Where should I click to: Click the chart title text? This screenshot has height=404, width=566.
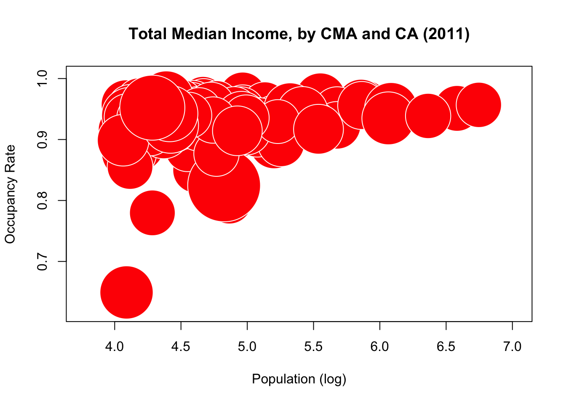coord(299,34)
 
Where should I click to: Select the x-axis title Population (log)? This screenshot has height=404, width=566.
coord(299,379)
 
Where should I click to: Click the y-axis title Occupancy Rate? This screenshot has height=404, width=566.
coord(10,194)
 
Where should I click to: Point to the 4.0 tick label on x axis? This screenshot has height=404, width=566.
coord(115,347)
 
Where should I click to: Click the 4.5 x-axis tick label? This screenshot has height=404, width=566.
coord(181,347)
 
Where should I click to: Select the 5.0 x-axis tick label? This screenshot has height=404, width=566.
coord(247,347)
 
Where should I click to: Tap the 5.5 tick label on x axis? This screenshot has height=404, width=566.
coord(313,347)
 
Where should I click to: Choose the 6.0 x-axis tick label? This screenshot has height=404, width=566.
coord(380,347)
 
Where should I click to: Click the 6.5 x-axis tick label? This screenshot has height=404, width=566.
coord(446,347)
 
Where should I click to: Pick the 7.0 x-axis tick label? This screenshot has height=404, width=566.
coord(512,347)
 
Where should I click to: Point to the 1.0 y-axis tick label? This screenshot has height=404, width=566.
coord(43,79)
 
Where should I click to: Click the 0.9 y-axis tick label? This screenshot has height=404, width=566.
coord(43,140)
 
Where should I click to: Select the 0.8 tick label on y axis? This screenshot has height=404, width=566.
coord(43,201)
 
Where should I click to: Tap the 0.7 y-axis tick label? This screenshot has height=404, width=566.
coord(43,261)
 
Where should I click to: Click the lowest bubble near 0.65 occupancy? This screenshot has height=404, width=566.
coord(126,292)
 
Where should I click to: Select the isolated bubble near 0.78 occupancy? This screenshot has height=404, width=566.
coord(152,213)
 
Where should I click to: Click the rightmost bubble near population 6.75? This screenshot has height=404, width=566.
coord(478,105)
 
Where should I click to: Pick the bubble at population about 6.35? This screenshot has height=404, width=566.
coord(428,116)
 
